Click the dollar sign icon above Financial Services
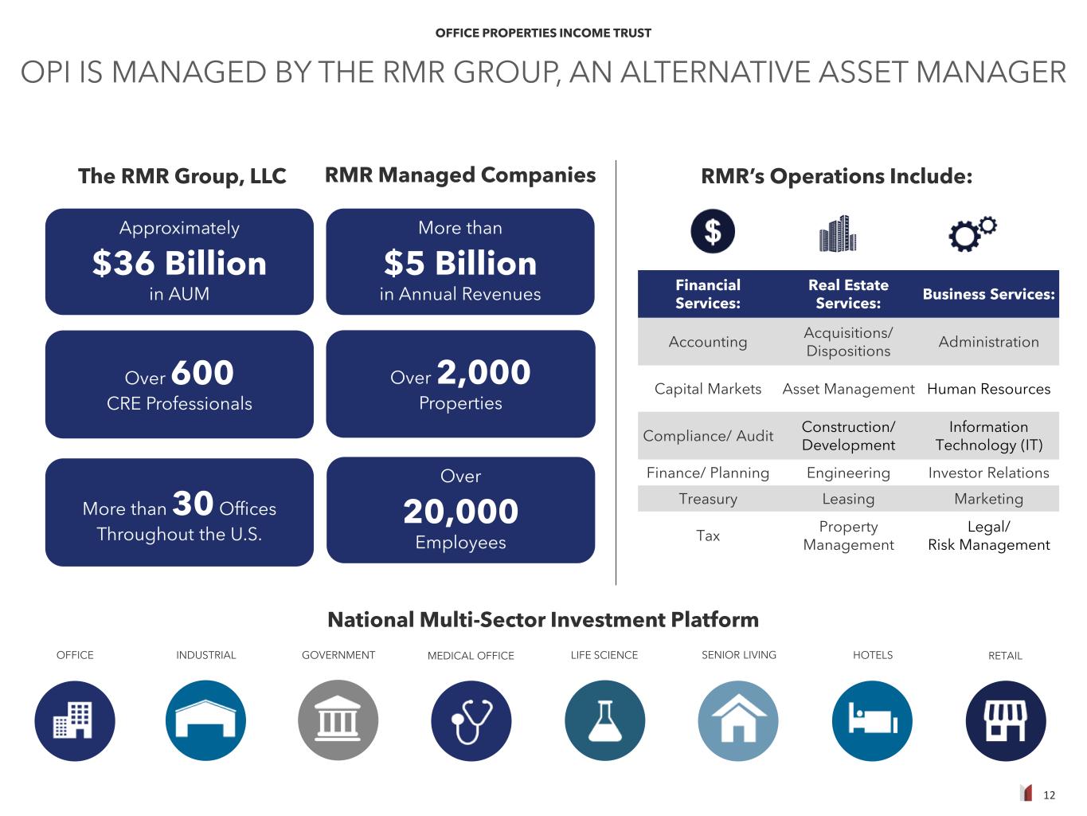(712, 231)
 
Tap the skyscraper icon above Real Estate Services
(838, 233)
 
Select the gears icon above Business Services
(972, 233)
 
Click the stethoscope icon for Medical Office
(471, 720)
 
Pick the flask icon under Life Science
(604, 720)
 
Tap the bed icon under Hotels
(872, 720)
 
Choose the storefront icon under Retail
(1006, 720)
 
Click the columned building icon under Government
(338, 720)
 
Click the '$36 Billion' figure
(179, 263)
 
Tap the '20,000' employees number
(460, 512)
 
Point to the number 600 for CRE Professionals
(202, 373)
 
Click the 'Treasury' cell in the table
(708, 499)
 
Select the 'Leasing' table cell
(848, 499)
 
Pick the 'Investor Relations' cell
(988, 473)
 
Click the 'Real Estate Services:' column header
(848, 294)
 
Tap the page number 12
(1049, 795)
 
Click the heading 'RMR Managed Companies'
(460, 175)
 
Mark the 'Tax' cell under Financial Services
(708, 535)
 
